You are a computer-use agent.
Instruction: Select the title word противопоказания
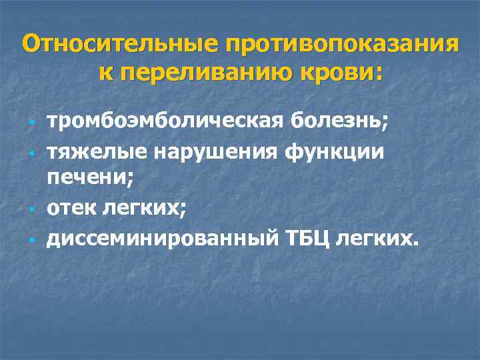point(341,45)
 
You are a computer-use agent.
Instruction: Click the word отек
point(72,207)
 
